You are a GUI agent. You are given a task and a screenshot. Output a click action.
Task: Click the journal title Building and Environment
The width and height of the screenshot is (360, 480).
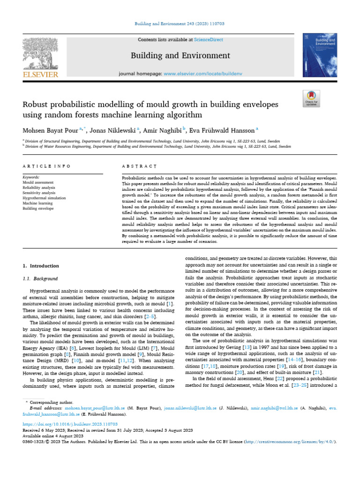(180, 56)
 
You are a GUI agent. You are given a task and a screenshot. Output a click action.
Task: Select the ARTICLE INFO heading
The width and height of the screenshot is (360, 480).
(47, 166)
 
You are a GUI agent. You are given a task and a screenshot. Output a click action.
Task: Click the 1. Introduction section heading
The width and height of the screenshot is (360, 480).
(41, 266)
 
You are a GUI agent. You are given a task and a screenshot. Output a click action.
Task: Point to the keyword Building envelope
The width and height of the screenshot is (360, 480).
(38, 208)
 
